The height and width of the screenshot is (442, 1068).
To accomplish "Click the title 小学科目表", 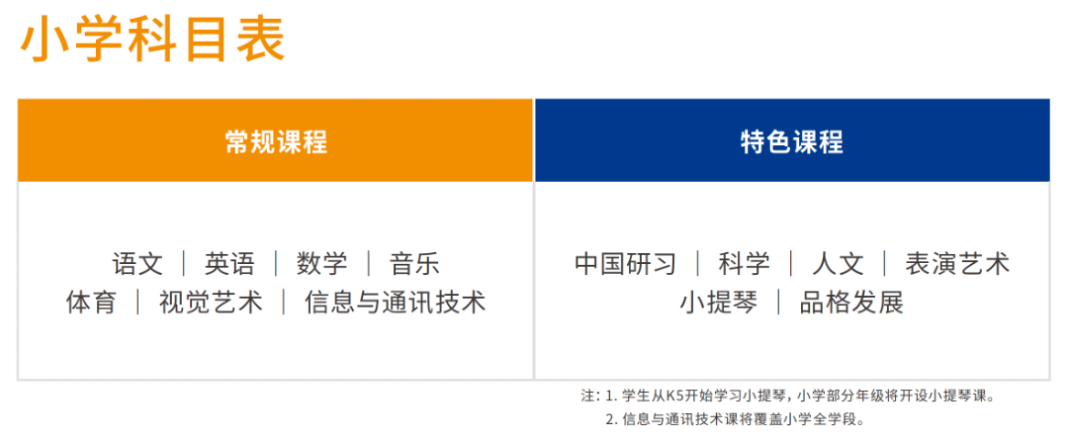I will click(152, 41).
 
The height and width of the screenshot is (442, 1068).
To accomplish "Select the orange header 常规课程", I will click(276, 141).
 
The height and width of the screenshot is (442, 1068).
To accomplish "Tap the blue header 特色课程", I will click(792, 141).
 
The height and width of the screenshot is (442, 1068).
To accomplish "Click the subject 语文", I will click(137, 264).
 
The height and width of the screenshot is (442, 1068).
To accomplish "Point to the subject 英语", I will click(229, 264).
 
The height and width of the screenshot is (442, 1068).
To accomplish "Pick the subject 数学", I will click(322, 264).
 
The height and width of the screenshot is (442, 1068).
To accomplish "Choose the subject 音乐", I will click(414, 264).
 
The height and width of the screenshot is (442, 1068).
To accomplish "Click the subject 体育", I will click(91, 302).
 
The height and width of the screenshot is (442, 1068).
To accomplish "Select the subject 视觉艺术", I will click(211, 302).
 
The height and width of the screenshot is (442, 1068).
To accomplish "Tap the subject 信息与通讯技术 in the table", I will click(395, 302).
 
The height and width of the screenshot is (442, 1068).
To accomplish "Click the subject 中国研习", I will click(625, 264).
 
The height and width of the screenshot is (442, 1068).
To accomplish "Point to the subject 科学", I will click(744, 264).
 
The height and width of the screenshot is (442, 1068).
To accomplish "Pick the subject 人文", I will click(838, 264).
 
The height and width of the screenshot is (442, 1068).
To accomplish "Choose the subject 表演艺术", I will click(957, 264).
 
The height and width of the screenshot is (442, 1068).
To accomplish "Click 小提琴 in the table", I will click(718, 302).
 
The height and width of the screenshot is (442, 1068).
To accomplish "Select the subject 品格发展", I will click(851, 302).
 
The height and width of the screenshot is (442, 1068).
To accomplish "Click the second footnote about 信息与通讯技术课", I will click(736, 419).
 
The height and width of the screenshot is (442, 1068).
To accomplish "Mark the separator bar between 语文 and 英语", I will click(184, 264).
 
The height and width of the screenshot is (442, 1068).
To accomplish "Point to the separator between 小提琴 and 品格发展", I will click(778, 302).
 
